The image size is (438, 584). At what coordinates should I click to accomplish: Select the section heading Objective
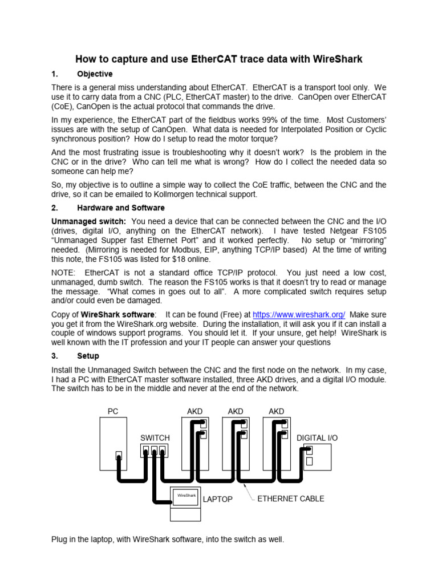pos(95,74)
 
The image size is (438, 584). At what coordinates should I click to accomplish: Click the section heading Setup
pos(88,356)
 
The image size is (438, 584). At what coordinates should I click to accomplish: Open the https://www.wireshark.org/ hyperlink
pos(299,315)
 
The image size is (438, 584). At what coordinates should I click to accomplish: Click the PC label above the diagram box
pos(113,411)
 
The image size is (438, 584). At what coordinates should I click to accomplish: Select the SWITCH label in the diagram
pos(155,437)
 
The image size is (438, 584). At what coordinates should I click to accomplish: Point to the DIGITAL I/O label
pos(317,437)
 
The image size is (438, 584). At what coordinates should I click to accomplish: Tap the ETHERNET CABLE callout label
pos(291,498)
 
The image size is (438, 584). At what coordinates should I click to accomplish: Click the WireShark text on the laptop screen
pos(186,496)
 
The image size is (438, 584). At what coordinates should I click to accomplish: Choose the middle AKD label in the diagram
pos(236,411)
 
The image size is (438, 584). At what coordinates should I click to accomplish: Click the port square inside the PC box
pos(119,455)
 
